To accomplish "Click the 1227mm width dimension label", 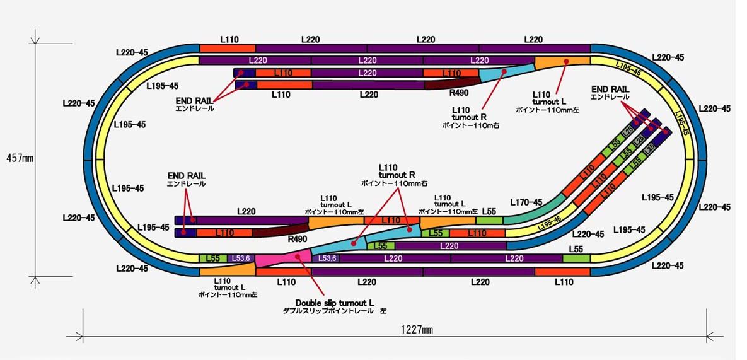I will (x=417, y=330).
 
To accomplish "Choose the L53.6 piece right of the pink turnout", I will (x=327, y=258).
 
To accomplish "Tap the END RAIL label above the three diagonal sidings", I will (x=610, y=93).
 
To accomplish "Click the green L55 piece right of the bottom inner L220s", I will (x=576, y=258).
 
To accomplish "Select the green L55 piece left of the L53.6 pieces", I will (x=213, y=258).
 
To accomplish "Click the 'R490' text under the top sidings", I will (x=458, y=93).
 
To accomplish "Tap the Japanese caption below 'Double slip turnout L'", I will (x=334, y=311).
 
